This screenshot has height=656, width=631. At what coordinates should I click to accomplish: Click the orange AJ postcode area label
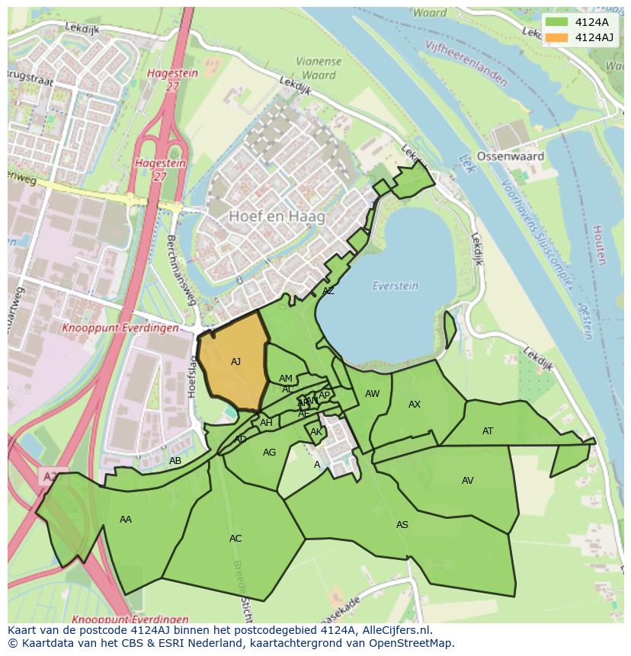pos(235,362)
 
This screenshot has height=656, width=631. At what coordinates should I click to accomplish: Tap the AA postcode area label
pos(126,520)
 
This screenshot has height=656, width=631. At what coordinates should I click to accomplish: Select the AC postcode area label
pos(235,539)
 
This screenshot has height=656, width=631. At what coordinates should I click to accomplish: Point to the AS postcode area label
pos(402,525)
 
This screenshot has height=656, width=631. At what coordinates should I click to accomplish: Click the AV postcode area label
pos(467,481)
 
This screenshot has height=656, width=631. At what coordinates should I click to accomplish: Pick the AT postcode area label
pos(488,431)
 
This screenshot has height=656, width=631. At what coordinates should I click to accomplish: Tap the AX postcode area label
pos(415,405)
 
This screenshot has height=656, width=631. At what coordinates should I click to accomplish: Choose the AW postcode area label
pos(372,394)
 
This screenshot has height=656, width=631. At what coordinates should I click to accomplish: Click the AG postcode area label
pos(269,453)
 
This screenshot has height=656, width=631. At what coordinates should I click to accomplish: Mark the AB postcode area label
pos(175,461)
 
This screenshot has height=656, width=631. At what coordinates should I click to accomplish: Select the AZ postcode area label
pos(328,291)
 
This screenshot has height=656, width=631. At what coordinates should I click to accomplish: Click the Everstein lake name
pos(395,286)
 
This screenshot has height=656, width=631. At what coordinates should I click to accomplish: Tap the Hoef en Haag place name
pos(277,216)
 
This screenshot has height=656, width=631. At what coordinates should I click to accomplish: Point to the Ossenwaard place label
pos(510,156)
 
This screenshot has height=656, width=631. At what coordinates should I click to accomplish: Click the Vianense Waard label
pos(319,69)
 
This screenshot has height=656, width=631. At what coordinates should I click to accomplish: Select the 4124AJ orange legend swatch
pos(557,37)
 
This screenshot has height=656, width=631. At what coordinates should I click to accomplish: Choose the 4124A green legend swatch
pos(557,22)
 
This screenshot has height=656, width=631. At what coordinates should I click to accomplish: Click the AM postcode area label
pos(286,379)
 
